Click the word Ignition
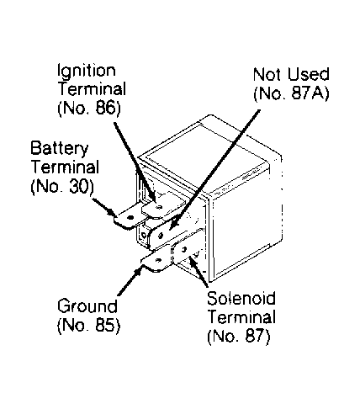[x=87, y=72]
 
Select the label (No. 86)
[x=89, y=108]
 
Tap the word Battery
[x=60, y=149]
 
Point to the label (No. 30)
[x=62, y=186]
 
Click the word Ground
[x=87, y=305]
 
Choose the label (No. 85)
[x=89, y=325]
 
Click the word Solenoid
[x=241, y=298]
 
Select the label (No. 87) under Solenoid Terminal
[x=239, y=335]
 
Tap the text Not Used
[x=291, y=74]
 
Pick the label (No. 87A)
[x=291, y=93]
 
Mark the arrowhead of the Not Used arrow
[x=174, y=224]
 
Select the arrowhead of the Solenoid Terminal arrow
[x=193, y=262]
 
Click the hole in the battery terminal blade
[x=130, y=218]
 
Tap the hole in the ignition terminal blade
[x=159, y=208]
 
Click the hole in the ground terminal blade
[x=158, y=260]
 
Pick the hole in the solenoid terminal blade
[x=184, y=249]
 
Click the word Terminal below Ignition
[x=92, y=89]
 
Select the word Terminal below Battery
[x=65, y=167]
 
